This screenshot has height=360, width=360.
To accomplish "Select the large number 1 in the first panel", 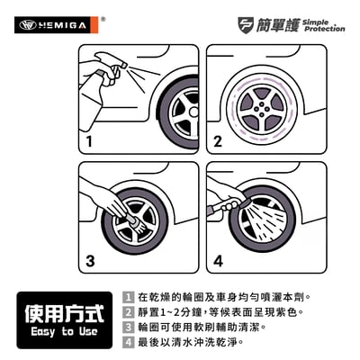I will point(89,142).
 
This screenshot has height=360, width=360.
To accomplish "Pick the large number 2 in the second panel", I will point(216,142).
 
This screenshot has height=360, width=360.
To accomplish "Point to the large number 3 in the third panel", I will point(89,262).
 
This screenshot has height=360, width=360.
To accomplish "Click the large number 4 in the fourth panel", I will point(217,262).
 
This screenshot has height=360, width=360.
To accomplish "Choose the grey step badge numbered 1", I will point(129,297).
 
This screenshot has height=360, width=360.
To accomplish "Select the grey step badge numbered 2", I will point(129,312).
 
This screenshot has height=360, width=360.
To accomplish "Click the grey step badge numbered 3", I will point(129,328).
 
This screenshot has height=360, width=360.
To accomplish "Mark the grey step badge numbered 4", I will point(129,343).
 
